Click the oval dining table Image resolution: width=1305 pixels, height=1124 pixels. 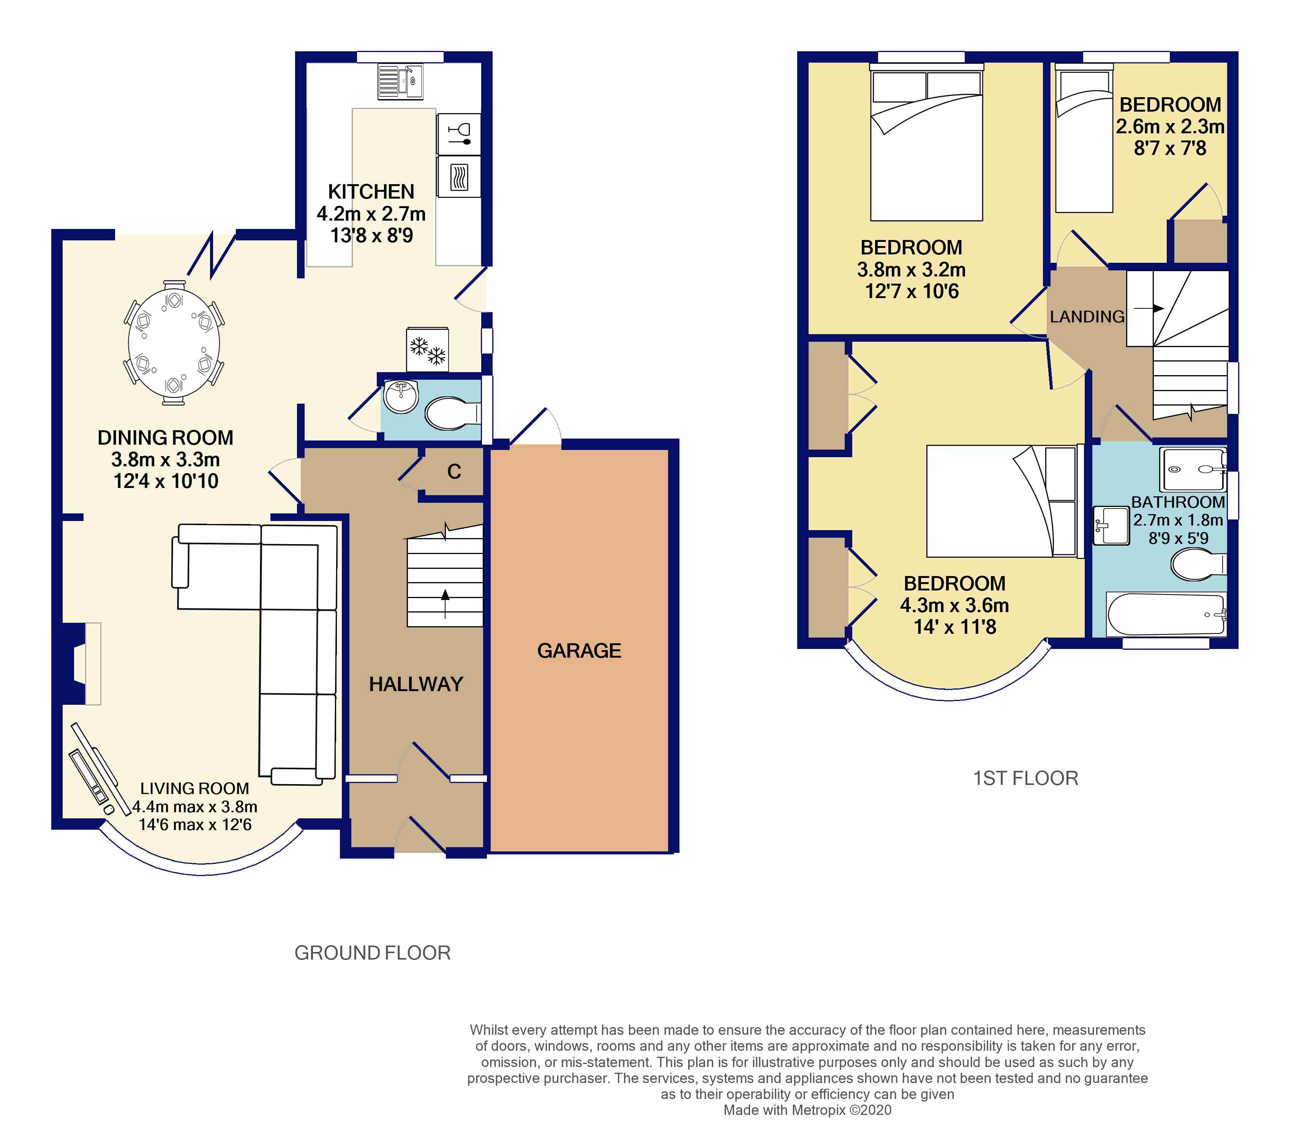pyautogui.click(x=174, y=343)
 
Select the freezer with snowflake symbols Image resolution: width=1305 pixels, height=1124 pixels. pyautogui.click(x=428, y=349)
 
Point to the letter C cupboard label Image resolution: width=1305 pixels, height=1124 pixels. pyautogui.click(x=454, y=472)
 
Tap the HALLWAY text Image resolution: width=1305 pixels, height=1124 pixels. pyautogui.click(x=416, y=684)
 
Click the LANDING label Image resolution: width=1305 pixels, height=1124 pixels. pyautogui.click(x=1087, y=317)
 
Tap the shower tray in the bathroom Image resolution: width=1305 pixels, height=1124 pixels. pyautogui.click(x=1193, y=469)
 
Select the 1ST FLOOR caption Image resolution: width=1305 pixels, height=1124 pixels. pyautogui.click(x=1025, y=778)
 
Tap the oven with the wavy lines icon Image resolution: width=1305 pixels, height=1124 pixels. pyautogui.click(x=458, y=177)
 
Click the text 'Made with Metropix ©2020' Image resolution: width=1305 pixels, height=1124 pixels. pyautogui.click(x=807, y=1110)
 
